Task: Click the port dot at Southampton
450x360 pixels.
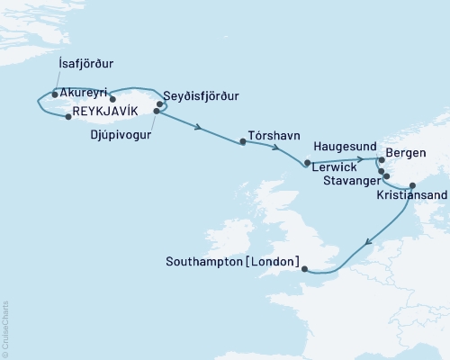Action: tap(304, 267)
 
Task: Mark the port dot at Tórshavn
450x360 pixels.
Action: tap(242, 141)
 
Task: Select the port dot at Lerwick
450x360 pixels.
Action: tap(307, 163)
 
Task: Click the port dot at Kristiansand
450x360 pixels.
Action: tap(412, 186)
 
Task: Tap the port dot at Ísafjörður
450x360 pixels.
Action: tap(56, 94)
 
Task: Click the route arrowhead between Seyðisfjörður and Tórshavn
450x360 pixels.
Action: tap(197, 127)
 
